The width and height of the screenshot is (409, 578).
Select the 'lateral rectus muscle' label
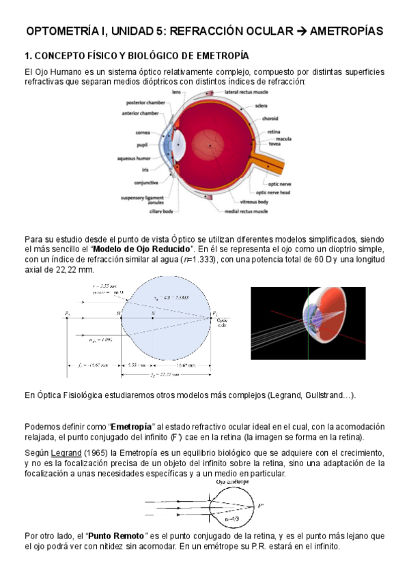coord(246,91)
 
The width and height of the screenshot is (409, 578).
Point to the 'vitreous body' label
coord(254,202)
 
